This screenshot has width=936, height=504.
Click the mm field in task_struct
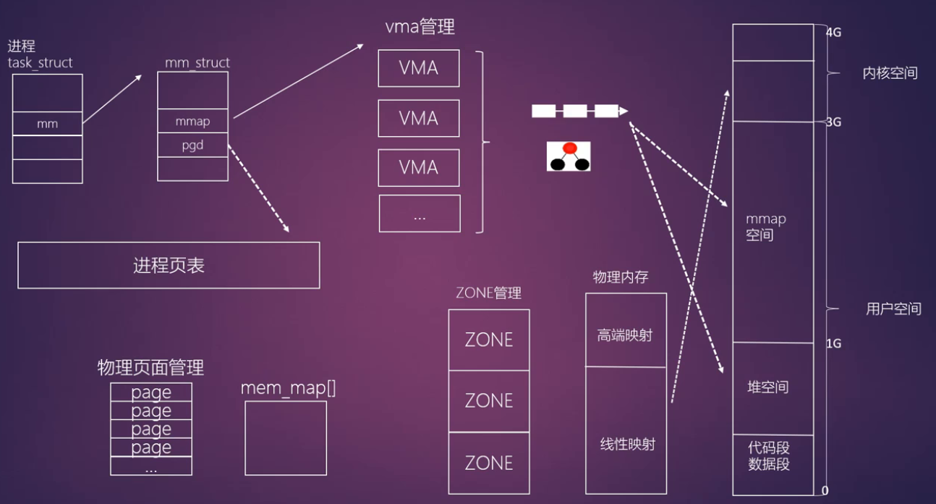click(x=48, y=124)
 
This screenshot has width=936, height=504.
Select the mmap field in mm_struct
click(x=192, y=122)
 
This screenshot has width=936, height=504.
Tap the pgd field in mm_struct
click(x=192, y=145)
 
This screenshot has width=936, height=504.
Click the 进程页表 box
click(x=169, y=265)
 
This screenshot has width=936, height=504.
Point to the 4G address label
click(x=833, y=33)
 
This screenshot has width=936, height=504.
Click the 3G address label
click(x=833, y=122)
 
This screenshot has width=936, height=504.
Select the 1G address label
click(x=833, y=343)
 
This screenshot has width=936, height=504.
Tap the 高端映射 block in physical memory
click(x=626, y=335)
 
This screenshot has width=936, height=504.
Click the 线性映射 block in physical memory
click(x=626, y=443)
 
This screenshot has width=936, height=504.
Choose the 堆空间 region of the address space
click(x=768, y=387)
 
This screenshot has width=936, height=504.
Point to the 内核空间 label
click(x=890, y=73)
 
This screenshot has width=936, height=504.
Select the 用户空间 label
click(x=893, y=309)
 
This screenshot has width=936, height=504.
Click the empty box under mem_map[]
click(x=286, y=438)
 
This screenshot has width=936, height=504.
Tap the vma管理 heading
click(x=420, y=28)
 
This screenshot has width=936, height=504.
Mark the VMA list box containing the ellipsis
click(x=420, y=214)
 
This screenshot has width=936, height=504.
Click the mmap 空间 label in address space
click(x=765, y=227)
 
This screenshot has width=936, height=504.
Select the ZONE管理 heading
click(x=488, y=293)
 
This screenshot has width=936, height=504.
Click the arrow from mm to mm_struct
click(x=112, y=98)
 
